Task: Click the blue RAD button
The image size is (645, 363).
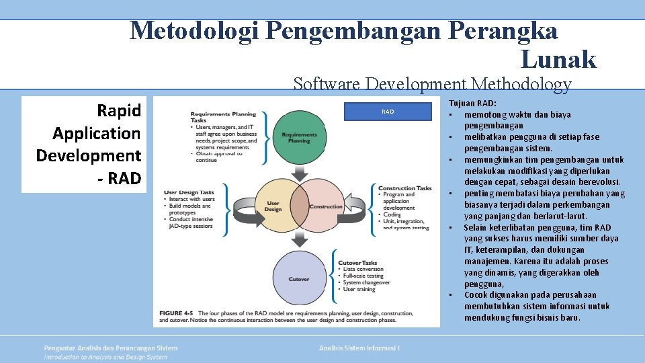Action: tap(388, 112)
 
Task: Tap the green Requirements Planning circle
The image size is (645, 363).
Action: tap(299, 138)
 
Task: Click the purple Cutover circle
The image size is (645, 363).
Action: tap(299, 278)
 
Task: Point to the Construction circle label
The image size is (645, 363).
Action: tap(326, 207)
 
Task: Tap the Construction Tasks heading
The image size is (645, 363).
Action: tap(404, 188)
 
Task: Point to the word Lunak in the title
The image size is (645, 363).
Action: tap(558, 60)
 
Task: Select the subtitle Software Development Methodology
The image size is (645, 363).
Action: tap(432, 84)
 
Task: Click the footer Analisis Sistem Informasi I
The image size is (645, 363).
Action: tap(359, 348)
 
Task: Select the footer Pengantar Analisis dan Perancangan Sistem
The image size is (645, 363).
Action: tap(111, 348)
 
